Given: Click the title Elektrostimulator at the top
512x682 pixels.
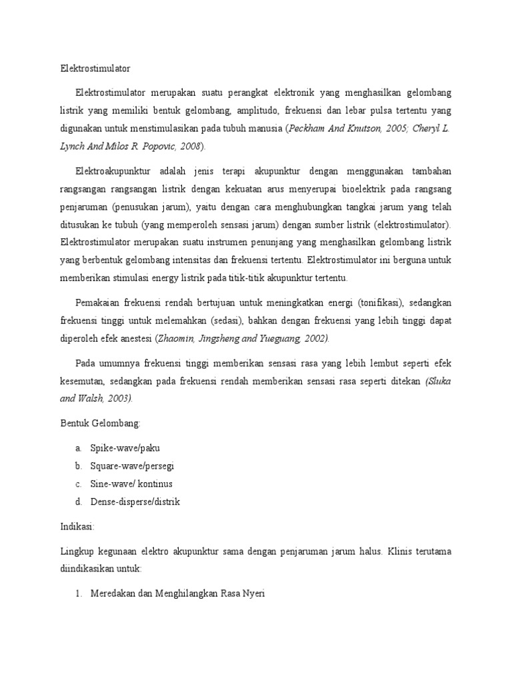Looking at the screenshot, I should [91, 68].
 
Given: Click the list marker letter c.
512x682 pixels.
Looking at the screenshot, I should [78, 484].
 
